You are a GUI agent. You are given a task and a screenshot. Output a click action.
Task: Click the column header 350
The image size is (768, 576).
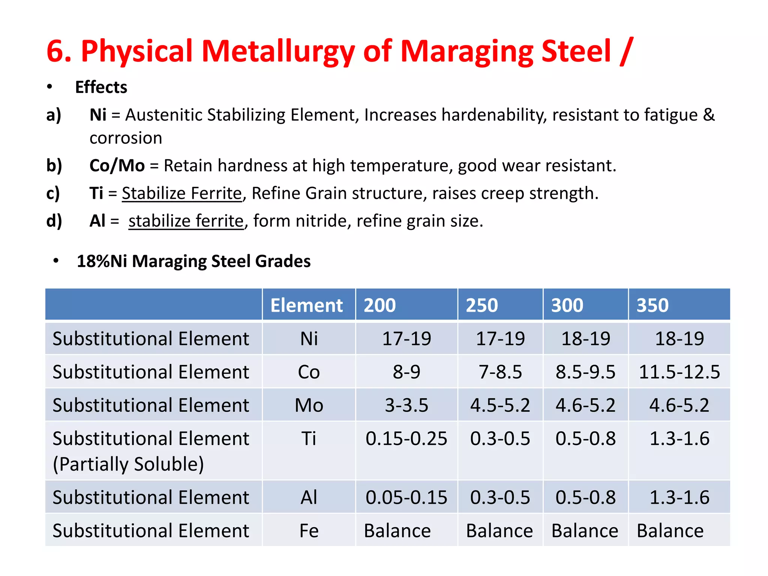652,305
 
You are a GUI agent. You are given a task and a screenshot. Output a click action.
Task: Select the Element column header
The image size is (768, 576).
306,305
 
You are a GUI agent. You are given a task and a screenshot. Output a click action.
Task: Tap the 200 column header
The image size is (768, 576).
379,305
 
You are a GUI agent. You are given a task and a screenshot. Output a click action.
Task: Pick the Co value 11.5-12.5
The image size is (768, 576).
679,372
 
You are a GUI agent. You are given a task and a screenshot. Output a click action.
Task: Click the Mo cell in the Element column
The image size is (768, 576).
309,405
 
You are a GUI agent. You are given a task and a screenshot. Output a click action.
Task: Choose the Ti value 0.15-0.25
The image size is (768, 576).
406,438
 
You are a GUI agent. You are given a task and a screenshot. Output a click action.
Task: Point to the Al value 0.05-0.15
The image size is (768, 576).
406,497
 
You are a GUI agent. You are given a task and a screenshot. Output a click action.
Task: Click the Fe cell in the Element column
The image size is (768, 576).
309,531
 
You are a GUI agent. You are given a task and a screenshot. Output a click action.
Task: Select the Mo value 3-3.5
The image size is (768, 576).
406,405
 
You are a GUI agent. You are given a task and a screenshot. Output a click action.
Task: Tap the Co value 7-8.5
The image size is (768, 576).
500,372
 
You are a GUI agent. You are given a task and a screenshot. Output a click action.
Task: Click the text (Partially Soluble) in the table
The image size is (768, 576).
128,464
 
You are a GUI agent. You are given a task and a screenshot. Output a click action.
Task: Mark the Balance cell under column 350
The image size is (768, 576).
670,531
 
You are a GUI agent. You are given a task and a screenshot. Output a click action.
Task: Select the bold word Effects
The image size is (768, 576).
101,87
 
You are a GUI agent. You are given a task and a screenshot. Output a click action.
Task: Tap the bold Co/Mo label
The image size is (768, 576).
117,165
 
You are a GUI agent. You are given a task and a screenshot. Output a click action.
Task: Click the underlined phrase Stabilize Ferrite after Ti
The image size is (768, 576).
182,193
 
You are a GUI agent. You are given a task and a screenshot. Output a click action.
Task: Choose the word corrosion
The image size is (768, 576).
126,138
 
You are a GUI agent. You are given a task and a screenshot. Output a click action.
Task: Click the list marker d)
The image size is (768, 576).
54,221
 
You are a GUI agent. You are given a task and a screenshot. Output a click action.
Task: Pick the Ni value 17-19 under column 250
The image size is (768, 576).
500,339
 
